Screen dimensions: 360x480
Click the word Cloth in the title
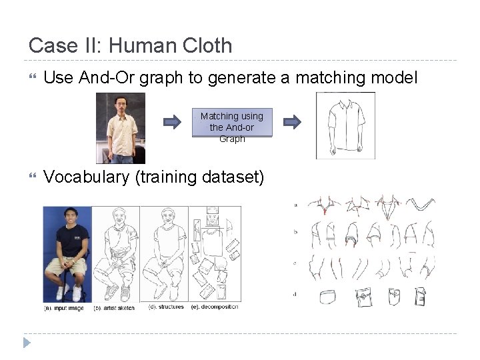click(203, 45)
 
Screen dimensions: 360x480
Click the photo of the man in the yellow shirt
click(120, 128)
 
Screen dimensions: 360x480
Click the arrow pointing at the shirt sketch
click(292, 121)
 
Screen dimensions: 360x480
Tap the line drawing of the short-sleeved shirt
click(345, 126)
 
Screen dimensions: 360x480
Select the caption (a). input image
click(64, 308)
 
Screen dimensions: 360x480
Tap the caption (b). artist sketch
click(113, 308)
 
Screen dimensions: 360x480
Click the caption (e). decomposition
click(215, 307)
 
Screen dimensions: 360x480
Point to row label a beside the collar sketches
click(295, 205)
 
